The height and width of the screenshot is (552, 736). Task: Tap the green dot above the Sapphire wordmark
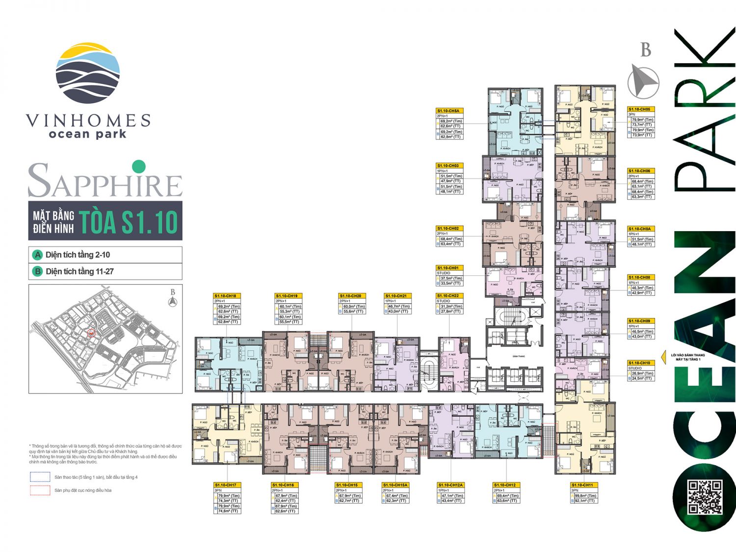click(x=139, y=166)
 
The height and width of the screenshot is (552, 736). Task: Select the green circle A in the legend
click(x=37, y=255)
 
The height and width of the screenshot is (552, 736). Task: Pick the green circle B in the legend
click(x=37, y=271)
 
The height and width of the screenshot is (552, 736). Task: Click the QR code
click(x=704, y=497)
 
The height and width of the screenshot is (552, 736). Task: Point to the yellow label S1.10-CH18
click(x=226, y=296)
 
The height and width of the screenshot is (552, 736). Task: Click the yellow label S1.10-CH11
click(x=583, y=485)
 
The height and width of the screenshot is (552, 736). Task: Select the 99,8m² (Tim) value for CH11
click(x=585, y=496)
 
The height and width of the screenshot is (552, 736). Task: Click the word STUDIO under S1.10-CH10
click(x=635, y=368)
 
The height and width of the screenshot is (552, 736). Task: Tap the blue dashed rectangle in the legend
click(x=40, y=477)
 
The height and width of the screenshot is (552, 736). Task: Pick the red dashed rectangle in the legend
click(x=40, y=490)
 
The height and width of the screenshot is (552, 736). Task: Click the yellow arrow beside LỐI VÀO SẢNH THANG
click(x=665, y=357)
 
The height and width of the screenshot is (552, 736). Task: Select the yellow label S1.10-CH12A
click(x=450, y=485)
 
